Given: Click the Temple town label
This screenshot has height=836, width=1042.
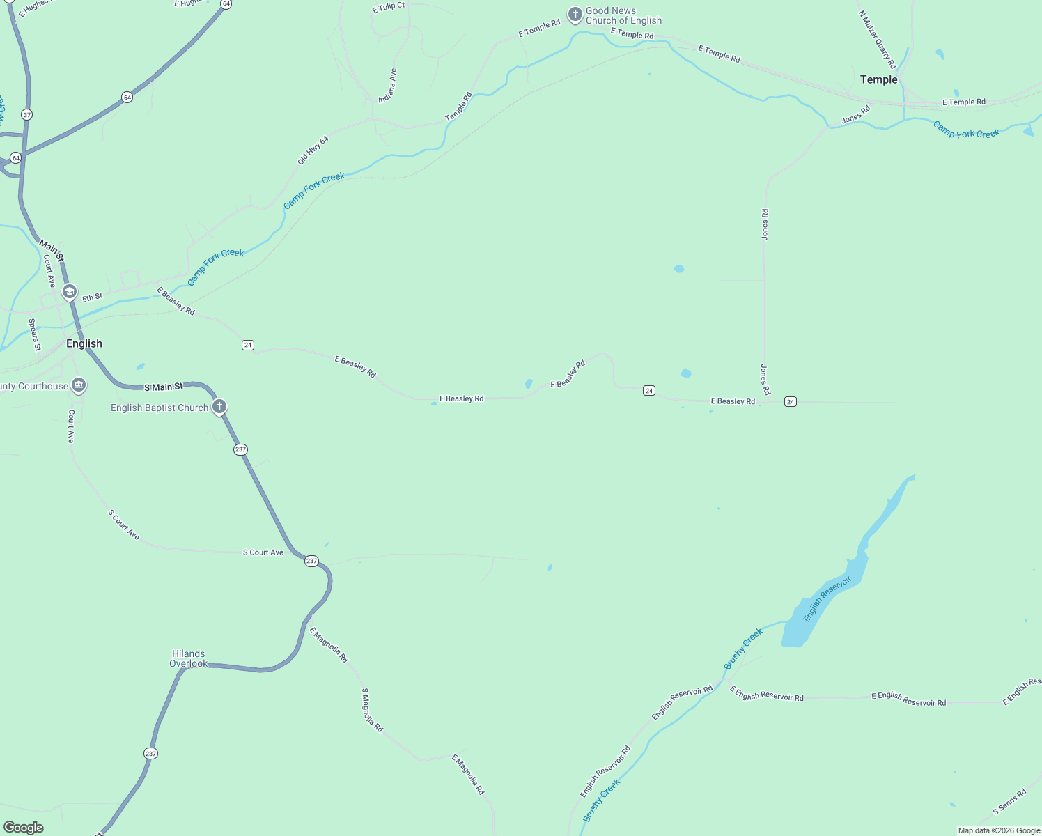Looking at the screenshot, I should click(x=878, y=79).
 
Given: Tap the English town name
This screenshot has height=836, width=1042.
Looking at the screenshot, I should click(x=84, y=343).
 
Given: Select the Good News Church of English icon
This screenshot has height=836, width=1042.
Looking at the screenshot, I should click(x=575, y=15).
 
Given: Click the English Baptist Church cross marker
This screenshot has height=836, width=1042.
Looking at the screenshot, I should click(x=219, y=407).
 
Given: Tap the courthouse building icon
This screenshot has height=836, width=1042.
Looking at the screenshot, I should click(x=79, y=385).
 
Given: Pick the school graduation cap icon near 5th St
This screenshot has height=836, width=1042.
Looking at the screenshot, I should click(x=69, y=292).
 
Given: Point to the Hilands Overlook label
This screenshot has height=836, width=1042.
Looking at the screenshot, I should click(x=188, y=658).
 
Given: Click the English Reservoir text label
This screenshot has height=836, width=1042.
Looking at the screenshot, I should click(x=827, y=598).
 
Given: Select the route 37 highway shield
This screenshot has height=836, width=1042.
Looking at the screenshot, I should click(x=26, y=114).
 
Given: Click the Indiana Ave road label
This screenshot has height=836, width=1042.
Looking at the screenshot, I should click(x=388, y=86).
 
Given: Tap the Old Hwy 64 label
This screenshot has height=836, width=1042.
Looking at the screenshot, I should click(x=313, y=150).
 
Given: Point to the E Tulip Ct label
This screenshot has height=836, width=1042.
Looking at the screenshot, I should click(x=388, y=8).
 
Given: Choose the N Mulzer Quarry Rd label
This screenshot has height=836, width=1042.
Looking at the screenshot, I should click(x=877, y=39).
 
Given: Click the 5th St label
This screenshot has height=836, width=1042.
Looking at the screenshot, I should click(x=92, y=297).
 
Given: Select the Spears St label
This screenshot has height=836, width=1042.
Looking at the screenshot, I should click(x=34, y=334).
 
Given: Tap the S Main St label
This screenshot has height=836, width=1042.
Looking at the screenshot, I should click(x=164, y=387).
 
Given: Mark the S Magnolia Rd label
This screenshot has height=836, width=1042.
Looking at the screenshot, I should click(x=372, y=710).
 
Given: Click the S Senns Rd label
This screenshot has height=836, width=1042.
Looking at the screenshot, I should click(x=1009, y=802).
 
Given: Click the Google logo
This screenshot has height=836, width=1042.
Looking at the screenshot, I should click(x=24, y=828).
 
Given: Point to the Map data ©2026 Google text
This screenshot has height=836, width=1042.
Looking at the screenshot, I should click(x=999, y=830).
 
